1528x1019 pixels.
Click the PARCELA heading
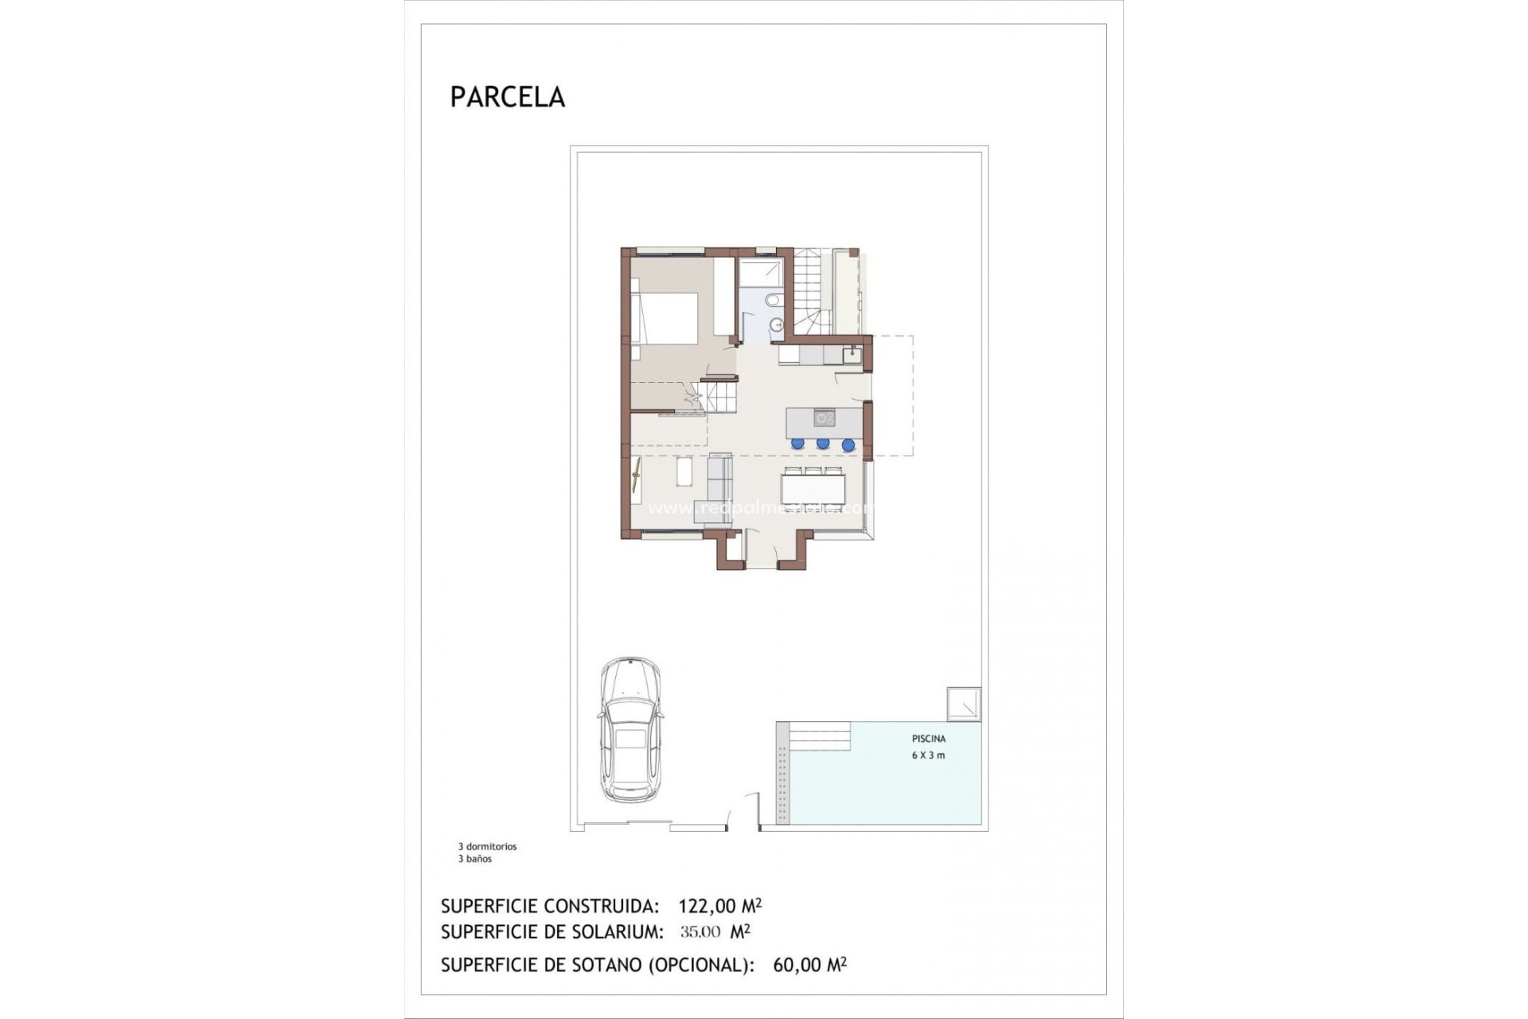tap(507, 97)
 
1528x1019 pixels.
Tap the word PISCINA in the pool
tap(929, 739)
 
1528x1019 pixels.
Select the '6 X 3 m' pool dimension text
tap(928, 755)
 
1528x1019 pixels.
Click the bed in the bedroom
tap(665, 317)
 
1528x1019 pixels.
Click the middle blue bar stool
tap(823, 443)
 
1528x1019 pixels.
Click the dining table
tap(812, 485)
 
